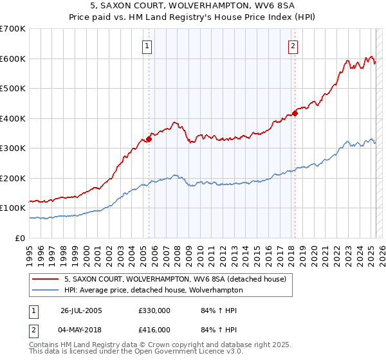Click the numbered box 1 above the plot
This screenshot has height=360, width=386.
pos(148,46)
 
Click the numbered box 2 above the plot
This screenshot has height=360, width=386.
pos(293,46)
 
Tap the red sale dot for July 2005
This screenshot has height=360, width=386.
pos(149,138)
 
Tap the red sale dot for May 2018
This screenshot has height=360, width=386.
pos(295,113)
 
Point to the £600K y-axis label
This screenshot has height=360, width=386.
pos(13,59)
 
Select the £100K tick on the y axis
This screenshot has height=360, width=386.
pos(13,208)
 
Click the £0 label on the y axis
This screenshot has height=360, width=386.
pos(20,238)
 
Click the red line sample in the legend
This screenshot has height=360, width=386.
pos(46,278)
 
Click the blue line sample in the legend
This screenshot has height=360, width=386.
pos(46,290)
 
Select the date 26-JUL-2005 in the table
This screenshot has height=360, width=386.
pos(82,310)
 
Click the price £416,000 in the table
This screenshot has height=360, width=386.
pos(154,330)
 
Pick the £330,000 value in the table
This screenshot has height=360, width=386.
pos(154,310)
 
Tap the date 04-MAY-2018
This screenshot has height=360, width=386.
pos(82,330)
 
